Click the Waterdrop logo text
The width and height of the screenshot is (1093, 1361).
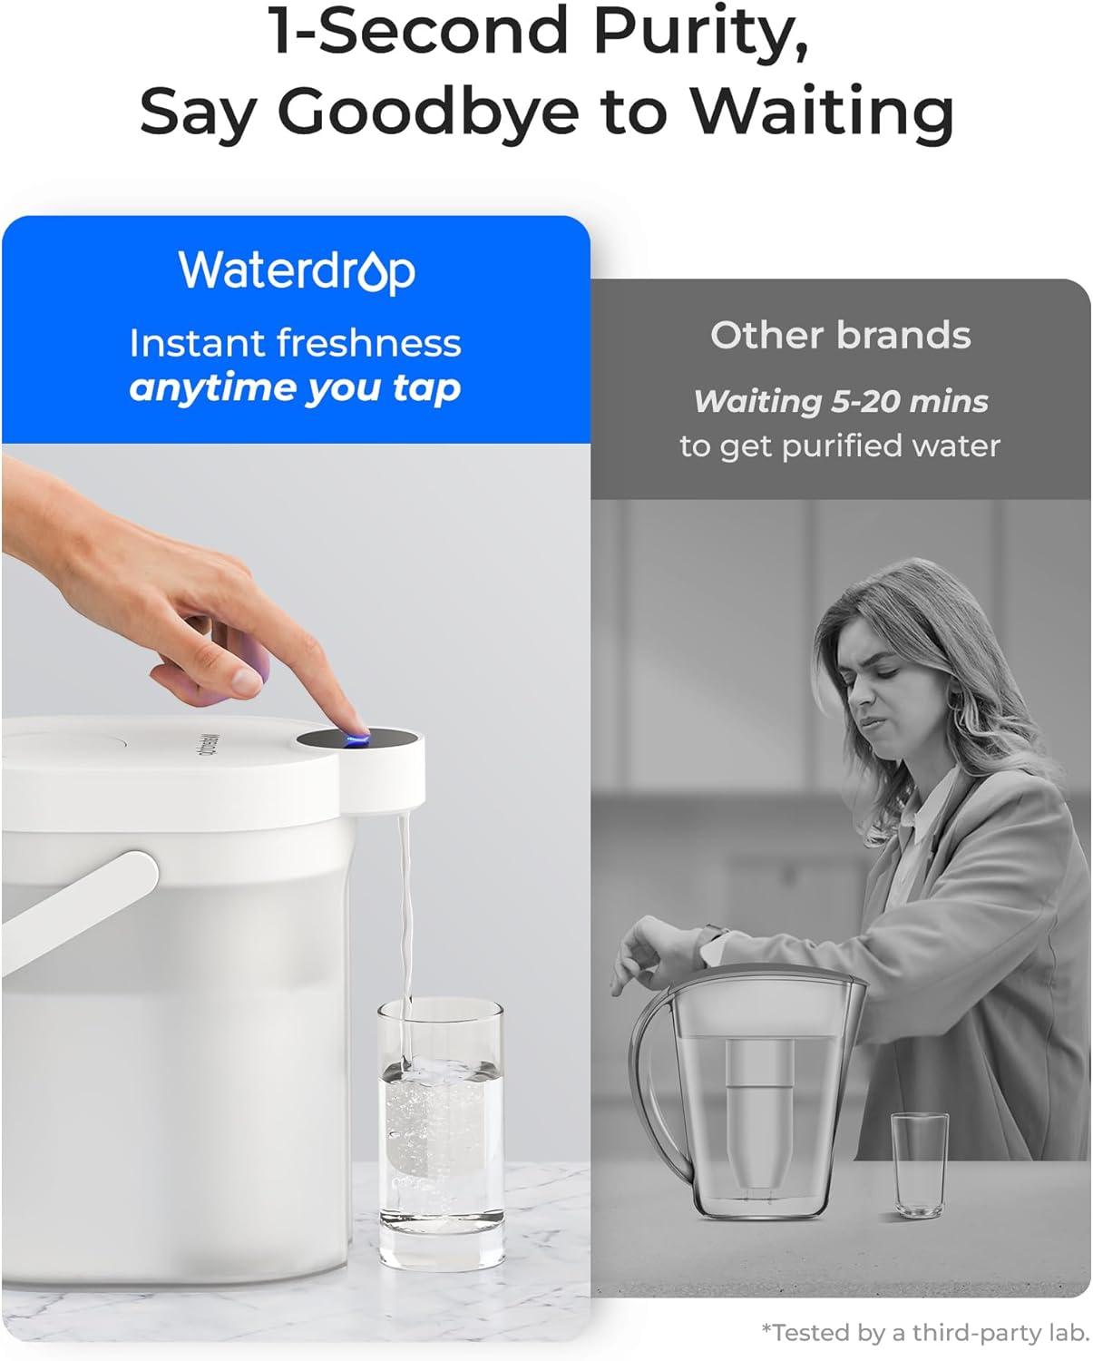click(x=297, y=270)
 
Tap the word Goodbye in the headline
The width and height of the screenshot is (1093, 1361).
click(x=427, y=112)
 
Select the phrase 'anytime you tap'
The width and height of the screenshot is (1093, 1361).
click(x=295, y=388)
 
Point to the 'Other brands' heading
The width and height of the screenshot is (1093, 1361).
click(x=840, y=335)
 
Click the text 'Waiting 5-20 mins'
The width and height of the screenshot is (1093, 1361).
click(x=840, y=401)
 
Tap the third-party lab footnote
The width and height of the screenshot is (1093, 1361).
click(x=924, y=1332)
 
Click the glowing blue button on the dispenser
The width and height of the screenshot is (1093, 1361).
click(x=355, y=739)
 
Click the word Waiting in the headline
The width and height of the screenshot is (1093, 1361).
click(x=821, y=112)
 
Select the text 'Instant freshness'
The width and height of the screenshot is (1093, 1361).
click(x=295, y=344)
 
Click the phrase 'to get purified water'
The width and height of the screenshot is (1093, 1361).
click(x=840, y=446)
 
